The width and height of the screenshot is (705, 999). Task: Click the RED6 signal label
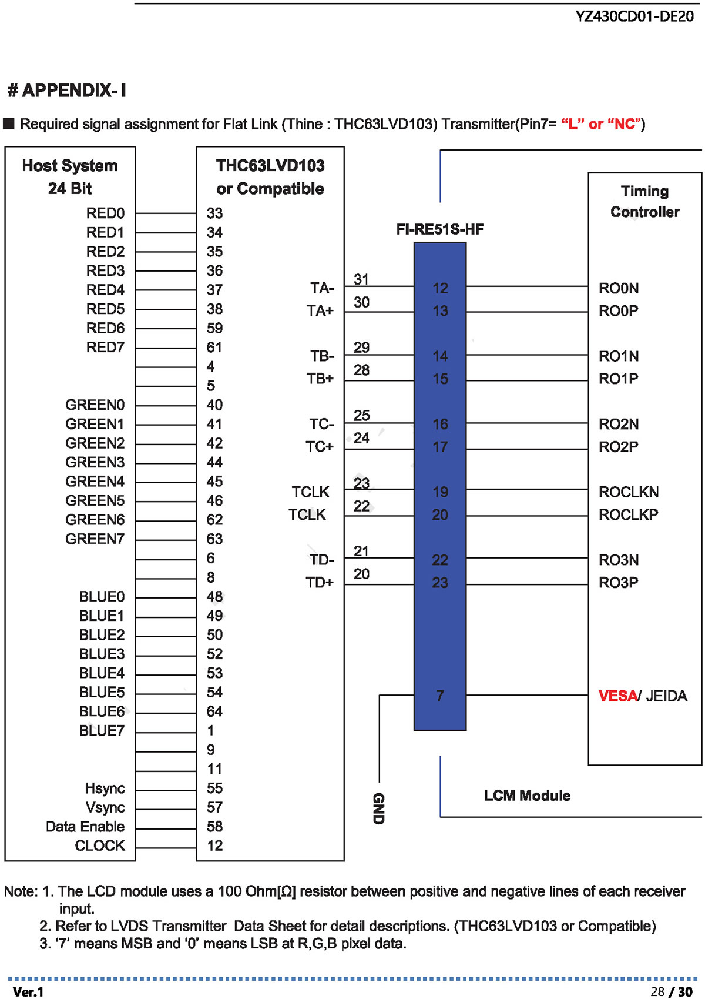tap(105, 328)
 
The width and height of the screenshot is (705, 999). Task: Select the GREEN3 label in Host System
tap(95, 462)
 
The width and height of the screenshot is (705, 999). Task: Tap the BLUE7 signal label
tap(102, 730)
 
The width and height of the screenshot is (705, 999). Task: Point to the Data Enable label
tap(85, 826)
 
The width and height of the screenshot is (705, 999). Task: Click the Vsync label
tap(105, 807)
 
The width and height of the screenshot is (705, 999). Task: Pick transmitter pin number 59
tap(214, 328)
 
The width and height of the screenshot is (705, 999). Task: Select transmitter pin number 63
tap(214, 539)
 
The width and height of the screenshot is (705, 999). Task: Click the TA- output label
tap(322, 288)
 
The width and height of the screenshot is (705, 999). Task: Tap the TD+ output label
tap(320, 583)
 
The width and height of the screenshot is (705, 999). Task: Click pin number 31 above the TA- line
tap(361, 279)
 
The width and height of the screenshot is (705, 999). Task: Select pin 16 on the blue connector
tap(440, 424)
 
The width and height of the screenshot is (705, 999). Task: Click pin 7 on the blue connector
tap(440, 696)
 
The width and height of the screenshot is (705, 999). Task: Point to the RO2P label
tap(619, 446)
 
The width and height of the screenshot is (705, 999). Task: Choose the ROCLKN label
tap(629, 492)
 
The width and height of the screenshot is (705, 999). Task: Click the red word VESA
tap(617, 696)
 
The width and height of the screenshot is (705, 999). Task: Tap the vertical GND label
tap(378, 808)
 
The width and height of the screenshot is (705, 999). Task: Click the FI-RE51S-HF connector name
tap(440, 229)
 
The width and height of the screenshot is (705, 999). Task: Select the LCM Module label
tap(527, 796)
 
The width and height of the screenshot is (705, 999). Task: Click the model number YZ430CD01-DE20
tap(634, 16)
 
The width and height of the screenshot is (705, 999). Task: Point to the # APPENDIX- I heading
tap(67, 91)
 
